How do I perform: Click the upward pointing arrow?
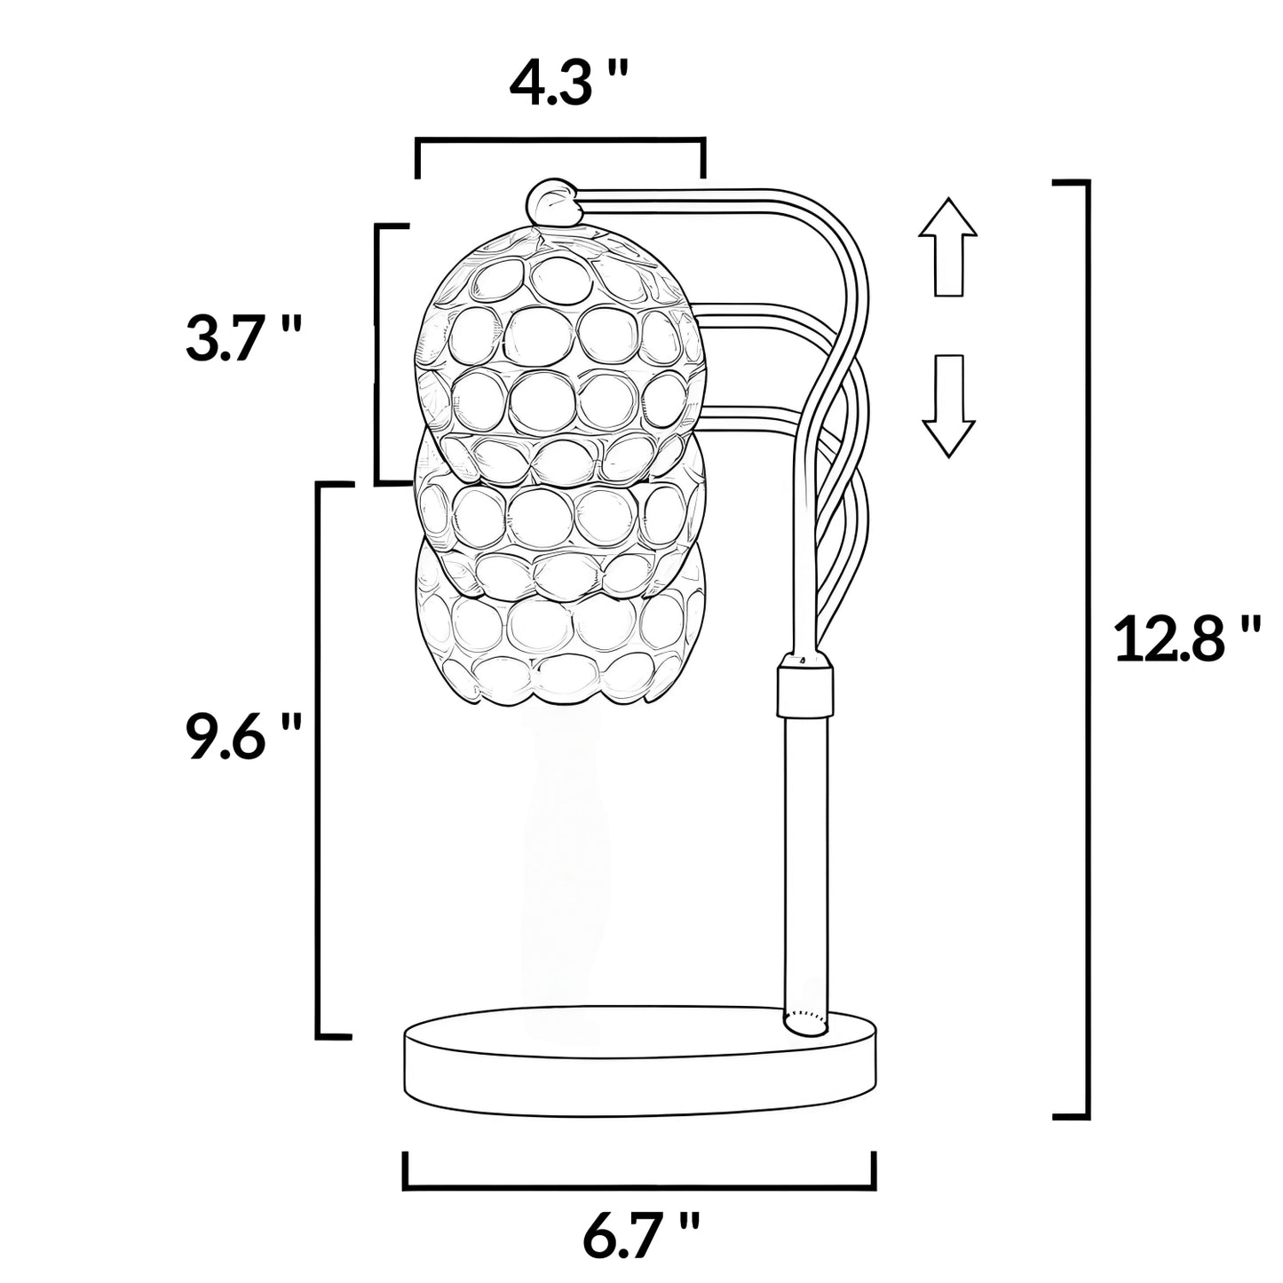(x=947, y=248)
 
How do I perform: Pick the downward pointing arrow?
(x=947, y=405)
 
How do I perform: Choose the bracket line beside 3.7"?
(x=377, y=355)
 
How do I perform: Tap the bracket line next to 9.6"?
(x=319, y=759)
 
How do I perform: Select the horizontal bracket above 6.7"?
(x=639, y=1184)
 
